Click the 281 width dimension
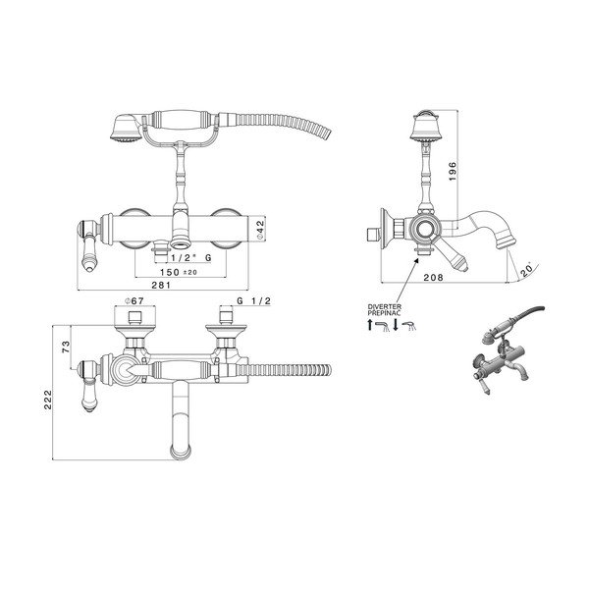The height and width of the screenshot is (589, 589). [161, 285]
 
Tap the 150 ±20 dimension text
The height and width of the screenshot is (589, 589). [179, 272]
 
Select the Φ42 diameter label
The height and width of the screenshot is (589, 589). [260, 230]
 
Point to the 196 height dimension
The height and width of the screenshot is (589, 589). [453, 171]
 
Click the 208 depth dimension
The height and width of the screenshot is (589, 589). [434, 277]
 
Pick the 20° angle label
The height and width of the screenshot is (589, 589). [526, 269]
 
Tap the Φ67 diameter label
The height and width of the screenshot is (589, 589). [134, 301]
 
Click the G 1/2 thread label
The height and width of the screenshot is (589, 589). [253, 301]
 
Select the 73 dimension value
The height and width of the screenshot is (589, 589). [66, 347]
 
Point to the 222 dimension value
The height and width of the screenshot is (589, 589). [48, 400]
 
